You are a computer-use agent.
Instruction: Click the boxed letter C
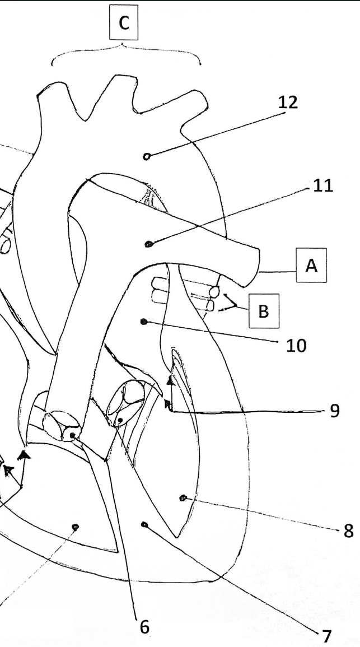tap(124, 23)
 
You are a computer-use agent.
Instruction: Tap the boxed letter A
tap(311, 266)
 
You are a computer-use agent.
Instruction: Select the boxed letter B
tap(264, 311)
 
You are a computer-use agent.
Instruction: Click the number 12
tap(288, 102)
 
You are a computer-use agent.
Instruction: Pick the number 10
tap(296, 346)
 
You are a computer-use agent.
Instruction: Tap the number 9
tap(335, 411)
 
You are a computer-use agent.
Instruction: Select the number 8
tap(348, 531)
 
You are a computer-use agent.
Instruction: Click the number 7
tap(326, 636)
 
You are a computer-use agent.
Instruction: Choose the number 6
tap(144, 627)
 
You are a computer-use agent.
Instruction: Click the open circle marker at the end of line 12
tap(146, 156)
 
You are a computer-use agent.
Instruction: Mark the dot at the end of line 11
tap(148, 244)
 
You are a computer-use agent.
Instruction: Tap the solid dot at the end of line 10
tap(144, 322)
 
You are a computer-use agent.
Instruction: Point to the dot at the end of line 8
tap(183, 498)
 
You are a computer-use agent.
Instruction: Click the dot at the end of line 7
tap(144, 524)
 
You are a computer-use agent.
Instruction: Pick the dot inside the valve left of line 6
tap(73, 435)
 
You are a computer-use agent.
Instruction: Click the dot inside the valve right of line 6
tap(120, 420)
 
